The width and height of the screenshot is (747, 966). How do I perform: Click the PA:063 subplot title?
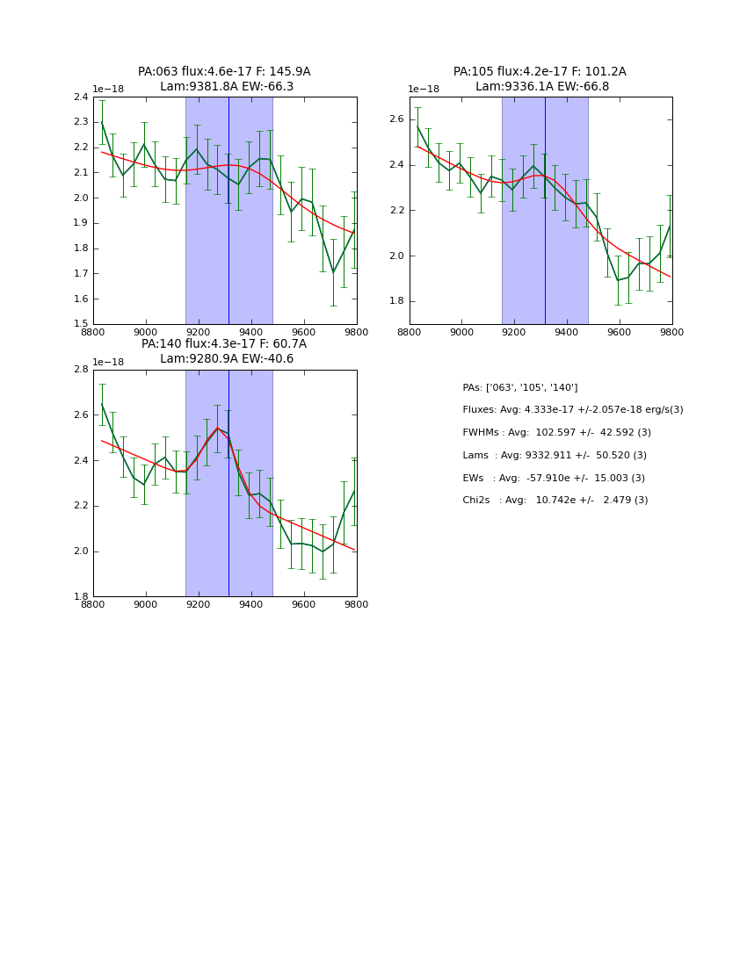[x=224, y=72]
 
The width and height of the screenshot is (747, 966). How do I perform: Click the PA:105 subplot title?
[x=540, y=72]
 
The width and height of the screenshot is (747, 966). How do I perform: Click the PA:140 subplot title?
[x=224, y=344]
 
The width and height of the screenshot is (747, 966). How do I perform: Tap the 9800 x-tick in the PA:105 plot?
[x=671, y=332]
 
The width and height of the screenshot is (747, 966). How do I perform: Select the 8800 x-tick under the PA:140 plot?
[x=93, y=604]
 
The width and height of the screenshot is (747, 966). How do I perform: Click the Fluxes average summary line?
[x=572, y=410]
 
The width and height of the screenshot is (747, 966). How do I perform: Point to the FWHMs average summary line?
[x=556, y=433]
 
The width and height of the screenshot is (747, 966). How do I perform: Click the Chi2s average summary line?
[x=555, y=501]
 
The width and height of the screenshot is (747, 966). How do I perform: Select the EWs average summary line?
[x=554, y=478]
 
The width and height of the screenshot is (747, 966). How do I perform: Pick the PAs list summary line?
[x=519, y=388]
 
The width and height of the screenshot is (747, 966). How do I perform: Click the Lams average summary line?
[x=554, y=456]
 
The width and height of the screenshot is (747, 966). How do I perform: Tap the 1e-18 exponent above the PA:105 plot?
[x=424, y=90]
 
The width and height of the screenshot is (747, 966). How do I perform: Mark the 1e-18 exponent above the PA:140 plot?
[x=108, y=362]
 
